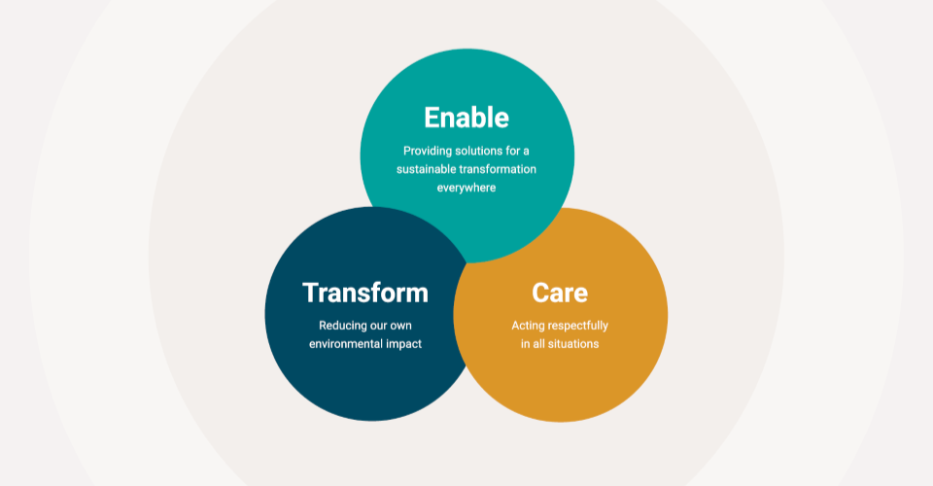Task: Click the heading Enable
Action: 466,118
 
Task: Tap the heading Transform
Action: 364,293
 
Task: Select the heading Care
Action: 560,293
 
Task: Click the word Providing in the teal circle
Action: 428,151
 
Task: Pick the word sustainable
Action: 428,169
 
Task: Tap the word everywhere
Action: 466,188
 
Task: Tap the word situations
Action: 573,344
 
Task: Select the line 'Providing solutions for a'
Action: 466,151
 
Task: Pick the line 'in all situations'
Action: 560,344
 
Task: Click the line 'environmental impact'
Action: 365,344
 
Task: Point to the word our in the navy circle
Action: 385,326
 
